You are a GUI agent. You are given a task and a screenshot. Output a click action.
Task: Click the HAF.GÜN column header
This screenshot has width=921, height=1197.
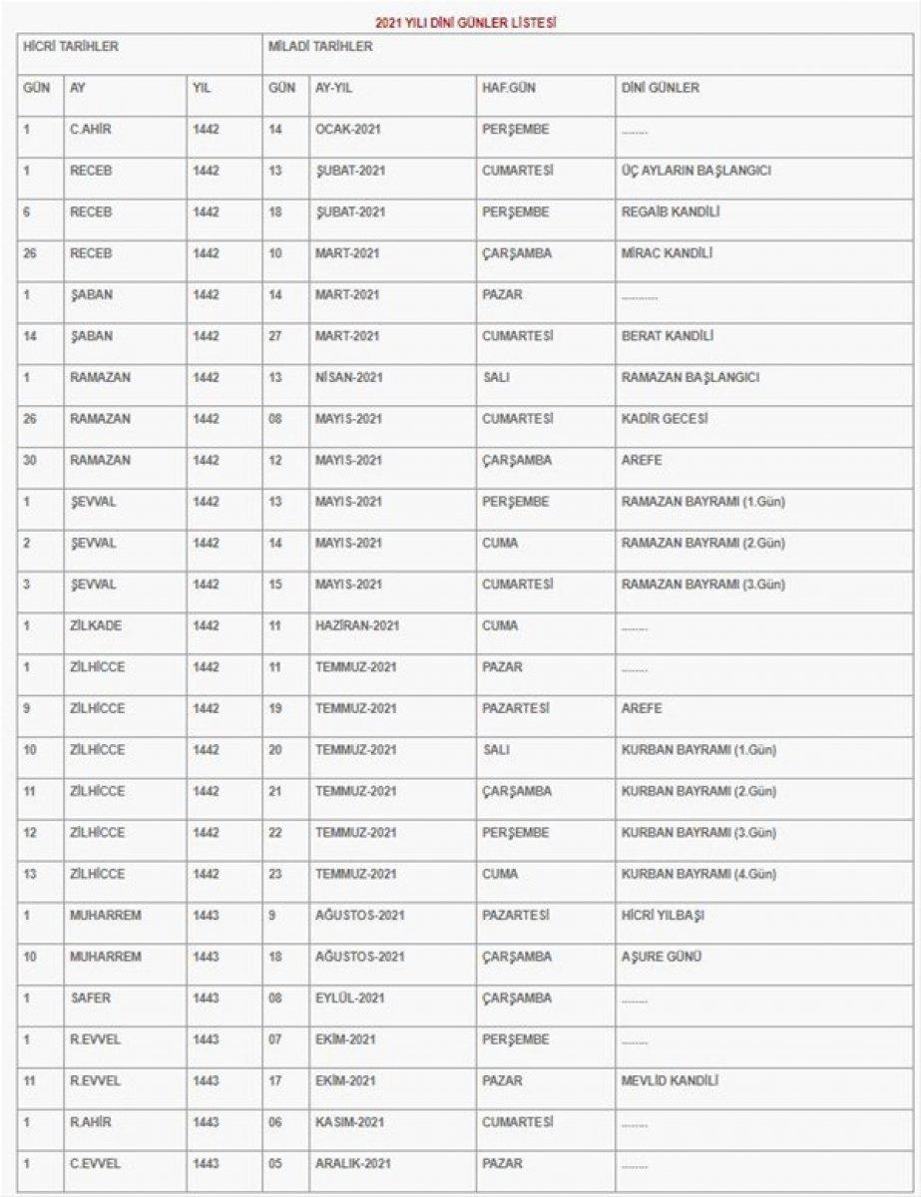coord(509,88)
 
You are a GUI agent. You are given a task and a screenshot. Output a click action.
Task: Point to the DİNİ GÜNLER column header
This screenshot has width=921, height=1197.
coord(660,88)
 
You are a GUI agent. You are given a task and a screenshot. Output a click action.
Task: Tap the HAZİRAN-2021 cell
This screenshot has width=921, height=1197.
coord(356,625)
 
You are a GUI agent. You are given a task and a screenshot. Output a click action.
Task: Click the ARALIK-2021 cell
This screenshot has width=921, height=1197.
coord(352,1163)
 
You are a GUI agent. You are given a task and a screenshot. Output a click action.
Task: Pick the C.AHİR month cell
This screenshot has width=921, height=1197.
coord(91,129)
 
